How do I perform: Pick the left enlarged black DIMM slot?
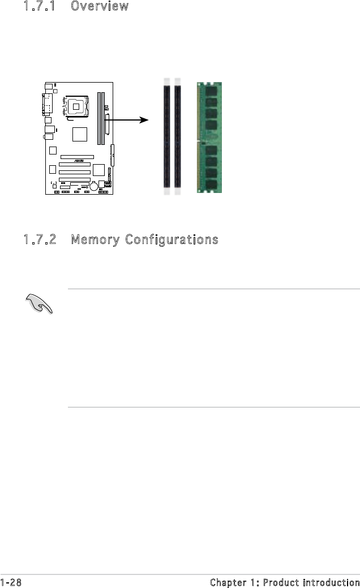166,136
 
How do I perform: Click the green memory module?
209,140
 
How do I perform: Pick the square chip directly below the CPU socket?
79,134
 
